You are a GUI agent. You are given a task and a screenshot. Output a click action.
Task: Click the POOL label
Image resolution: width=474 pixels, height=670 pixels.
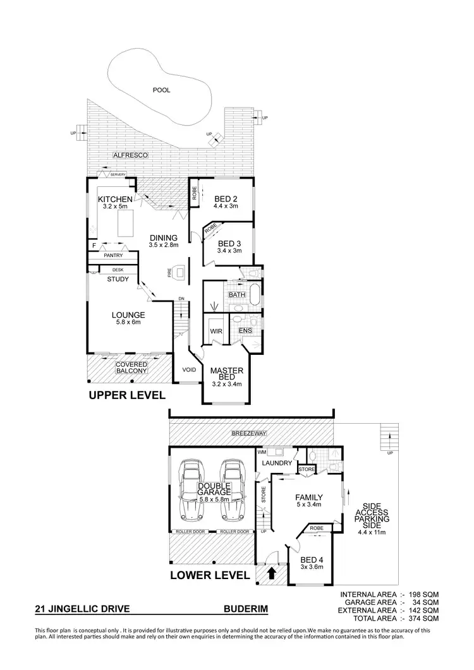(x=162, y=90)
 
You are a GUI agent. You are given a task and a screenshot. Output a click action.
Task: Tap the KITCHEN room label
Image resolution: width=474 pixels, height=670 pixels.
(x=115, y=200)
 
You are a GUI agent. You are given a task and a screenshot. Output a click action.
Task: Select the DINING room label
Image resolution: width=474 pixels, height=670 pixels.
(x=164, y=237)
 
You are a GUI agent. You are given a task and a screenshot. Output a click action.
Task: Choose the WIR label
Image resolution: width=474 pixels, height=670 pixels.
(x=214, y=330)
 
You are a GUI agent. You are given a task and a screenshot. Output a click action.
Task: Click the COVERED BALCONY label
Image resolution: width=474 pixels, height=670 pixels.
(x=131, y=368)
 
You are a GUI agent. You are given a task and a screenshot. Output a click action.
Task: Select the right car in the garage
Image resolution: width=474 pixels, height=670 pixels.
(x=232, y=488)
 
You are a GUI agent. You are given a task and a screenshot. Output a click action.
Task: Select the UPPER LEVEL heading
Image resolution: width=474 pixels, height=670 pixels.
(x=127, y=395)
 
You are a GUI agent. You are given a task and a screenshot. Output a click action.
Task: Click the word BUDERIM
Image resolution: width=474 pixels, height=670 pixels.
(x=246, y=611)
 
